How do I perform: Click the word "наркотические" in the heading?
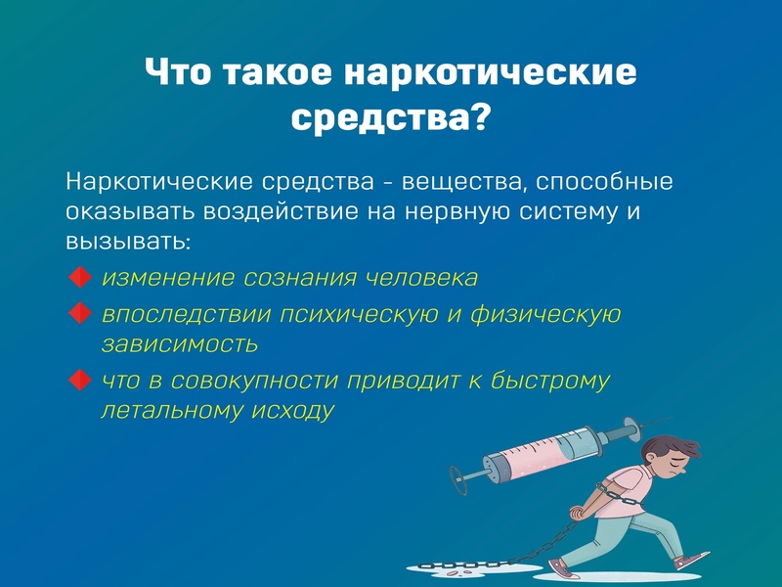click(491, 72)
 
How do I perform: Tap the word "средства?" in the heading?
click(390, 117)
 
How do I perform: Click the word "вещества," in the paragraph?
click(461, 182)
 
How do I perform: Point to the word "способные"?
click(604, 182)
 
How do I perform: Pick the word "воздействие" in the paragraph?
click(281, 211)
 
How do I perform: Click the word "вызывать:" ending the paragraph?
click(128, 242)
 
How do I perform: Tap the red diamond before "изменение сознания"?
click(79, 277)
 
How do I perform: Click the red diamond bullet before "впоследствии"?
click(79, 313)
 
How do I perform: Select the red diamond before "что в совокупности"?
click(79, 380)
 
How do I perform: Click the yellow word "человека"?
click(421, 278)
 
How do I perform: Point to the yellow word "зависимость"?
click(180, 344)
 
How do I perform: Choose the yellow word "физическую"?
click(545, 315)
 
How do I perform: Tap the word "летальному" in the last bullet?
click(172, 411)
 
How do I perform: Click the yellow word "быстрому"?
click(550, 382)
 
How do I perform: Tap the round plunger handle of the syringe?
click(458, 480)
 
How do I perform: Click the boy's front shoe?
click(692, 560)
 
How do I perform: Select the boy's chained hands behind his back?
click(577, 513)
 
